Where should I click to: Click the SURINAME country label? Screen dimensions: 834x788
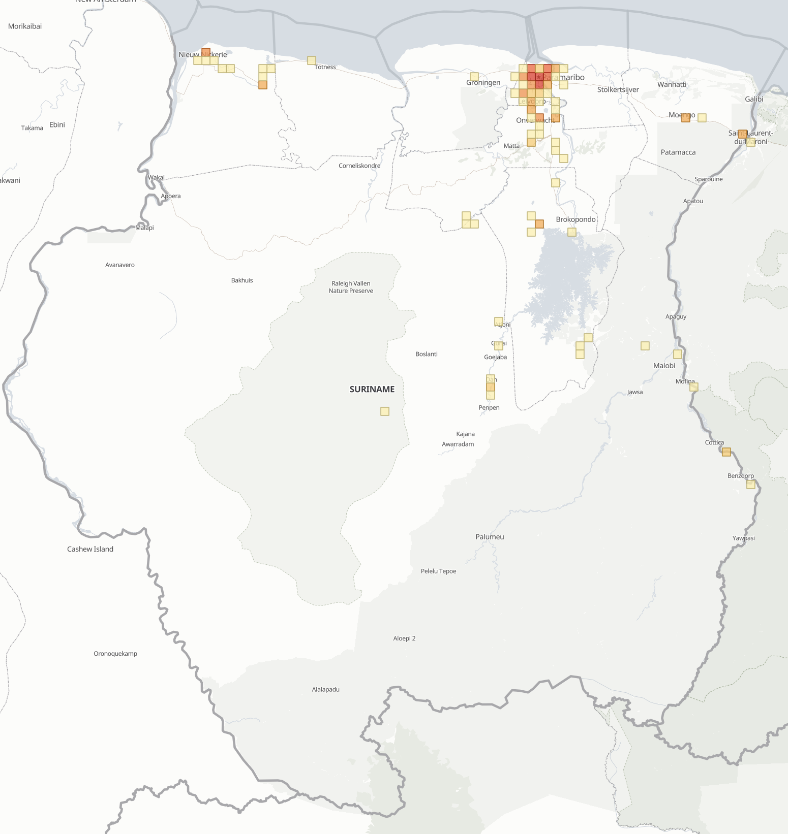tap(372, 389)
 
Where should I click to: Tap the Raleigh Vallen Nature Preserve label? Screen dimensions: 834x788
tap(351, 287)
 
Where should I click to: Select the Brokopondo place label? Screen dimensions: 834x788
tap(575, 219)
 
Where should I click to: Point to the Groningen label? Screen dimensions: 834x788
tap(483, 83)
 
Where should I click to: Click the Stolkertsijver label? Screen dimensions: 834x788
tap(618, 89)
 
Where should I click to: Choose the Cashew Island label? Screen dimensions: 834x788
tap(90, 549)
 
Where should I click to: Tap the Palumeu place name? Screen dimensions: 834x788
tap(490, 537)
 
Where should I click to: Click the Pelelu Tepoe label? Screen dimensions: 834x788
tap(438, 571)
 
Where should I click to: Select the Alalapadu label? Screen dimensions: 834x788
tap(325, 689)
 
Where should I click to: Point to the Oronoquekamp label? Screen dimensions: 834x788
tap(115, 654)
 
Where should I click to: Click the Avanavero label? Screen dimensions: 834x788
tap(120, 265)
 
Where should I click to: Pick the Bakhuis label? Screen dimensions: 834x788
tap(242, 280)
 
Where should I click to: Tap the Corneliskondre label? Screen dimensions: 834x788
tap(359, 166)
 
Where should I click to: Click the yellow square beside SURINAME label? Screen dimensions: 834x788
tap(385, 411)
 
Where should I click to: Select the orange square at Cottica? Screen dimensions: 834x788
tap(726, 452)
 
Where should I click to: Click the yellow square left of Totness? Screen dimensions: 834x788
tap(312, 60)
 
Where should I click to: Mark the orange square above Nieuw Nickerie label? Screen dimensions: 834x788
tap(206, 52)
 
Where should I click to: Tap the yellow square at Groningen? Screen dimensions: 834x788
tap(474, 77)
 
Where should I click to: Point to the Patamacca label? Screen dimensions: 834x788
tap(678, 152)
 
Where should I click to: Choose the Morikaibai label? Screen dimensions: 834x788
tap(25, 26)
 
